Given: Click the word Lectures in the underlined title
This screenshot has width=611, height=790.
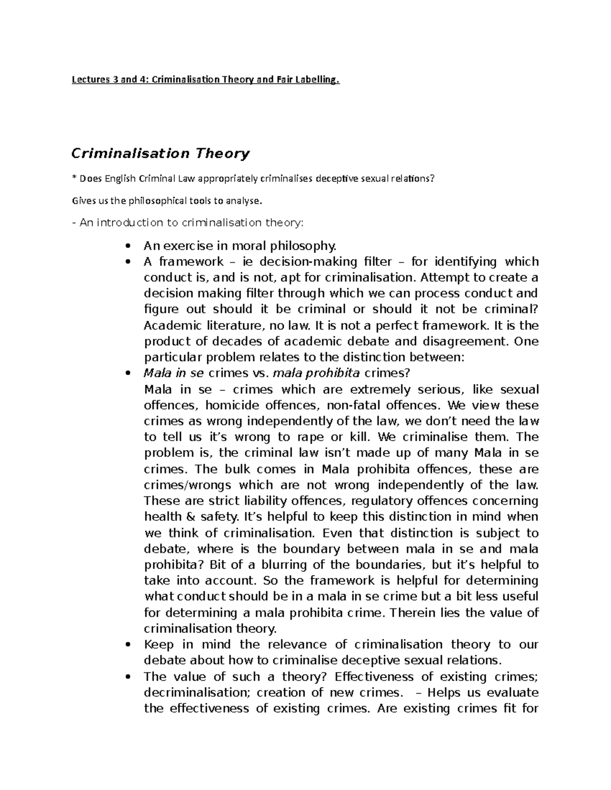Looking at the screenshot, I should (x=90, y=79).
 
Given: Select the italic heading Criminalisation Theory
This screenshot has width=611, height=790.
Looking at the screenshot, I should (x=160, y=153).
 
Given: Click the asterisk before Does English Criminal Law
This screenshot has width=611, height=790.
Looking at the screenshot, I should (x=74, y=179).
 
